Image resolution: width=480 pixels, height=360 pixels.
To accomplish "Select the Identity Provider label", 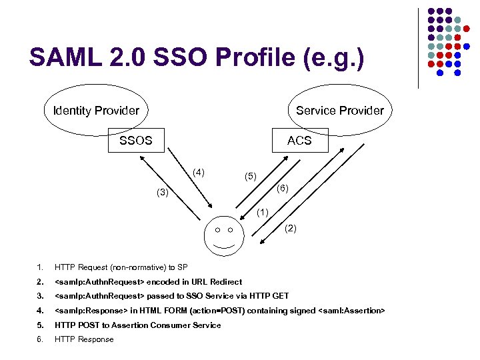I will click(x=96, y=111).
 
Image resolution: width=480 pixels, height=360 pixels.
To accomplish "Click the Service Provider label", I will click(x=340, y=111).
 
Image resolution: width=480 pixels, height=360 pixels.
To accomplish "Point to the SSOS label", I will click(x=135, y=141).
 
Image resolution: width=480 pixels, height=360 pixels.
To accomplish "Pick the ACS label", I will click(x=299, y=141).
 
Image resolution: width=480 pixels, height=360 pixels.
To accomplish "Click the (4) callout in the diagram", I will click(x=199, y=173).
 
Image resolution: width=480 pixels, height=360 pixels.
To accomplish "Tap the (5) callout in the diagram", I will click(x=250, y=177).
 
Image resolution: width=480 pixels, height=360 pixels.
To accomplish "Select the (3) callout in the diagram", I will click(x=162, y=193).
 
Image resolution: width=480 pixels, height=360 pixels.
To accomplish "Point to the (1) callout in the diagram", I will click(x=262, y=213).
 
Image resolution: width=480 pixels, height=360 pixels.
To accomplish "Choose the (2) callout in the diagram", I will click(x=291, y=229).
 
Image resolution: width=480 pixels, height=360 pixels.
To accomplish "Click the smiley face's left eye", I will click(x=217, y=230).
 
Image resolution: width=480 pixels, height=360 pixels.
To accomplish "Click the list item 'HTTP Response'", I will click(x=84, y=339).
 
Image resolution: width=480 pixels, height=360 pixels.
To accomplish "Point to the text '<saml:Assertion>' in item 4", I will click(x=351, y=311).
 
